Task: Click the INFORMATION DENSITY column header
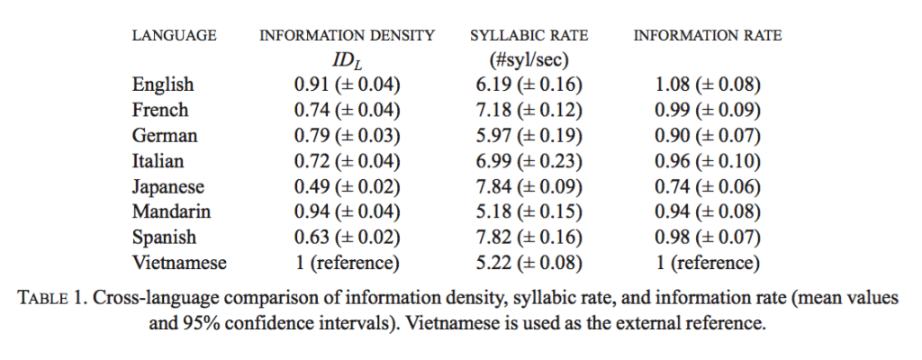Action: [347, 36]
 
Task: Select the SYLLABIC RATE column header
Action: [529, 36]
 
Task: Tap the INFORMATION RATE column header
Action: [708, 36]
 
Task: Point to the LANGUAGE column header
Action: [174, 36]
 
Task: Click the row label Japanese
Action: [168, 187]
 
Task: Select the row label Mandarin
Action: [171, 211]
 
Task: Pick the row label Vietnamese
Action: [179, 262]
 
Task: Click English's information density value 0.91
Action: [312, 85]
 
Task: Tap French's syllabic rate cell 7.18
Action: [494, 111]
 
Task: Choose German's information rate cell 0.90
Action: [673, 136]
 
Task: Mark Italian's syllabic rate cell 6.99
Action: [494, 161]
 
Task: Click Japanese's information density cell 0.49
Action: [312, 187]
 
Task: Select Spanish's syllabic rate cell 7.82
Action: [494, 237]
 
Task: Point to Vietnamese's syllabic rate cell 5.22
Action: [494, 263]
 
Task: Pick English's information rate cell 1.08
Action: [673, 85]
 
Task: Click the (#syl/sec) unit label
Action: [529, 60]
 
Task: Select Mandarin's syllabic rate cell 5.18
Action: [494, 211]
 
